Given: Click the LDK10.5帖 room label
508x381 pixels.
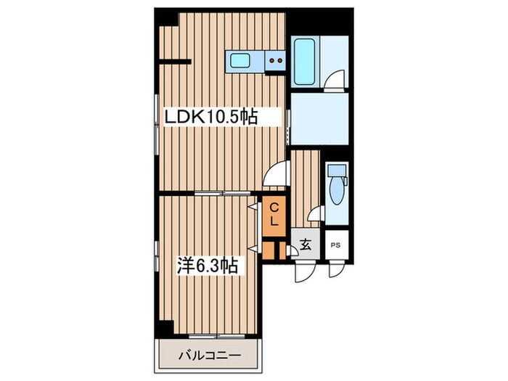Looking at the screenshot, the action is [211, 117].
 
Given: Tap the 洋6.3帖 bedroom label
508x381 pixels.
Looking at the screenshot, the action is [207, 266].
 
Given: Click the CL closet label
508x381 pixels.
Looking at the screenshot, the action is [274, 215].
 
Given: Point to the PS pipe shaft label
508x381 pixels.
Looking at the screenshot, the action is [335, 245].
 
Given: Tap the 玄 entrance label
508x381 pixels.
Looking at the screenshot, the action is [306, 245].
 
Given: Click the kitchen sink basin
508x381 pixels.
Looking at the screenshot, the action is [239, 61].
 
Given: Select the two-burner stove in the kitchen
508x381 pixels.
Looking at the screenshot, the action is [275, 60].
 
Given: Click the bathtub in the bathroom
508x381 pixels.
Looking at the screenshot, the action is [305, 62].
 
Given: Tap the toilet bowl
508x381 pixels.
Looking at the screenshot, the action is [337, 192].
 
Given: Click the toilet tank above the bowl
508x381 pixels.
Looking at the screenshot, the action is [337, 170].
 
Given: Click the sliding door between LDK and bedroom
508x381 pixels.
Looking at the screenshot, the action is [222, 194].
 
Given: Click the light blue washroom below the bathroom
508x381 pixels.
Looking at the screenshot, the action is [319, 119].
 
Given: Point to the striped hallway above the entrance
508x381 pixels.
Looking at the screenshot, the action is [306, 189].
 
